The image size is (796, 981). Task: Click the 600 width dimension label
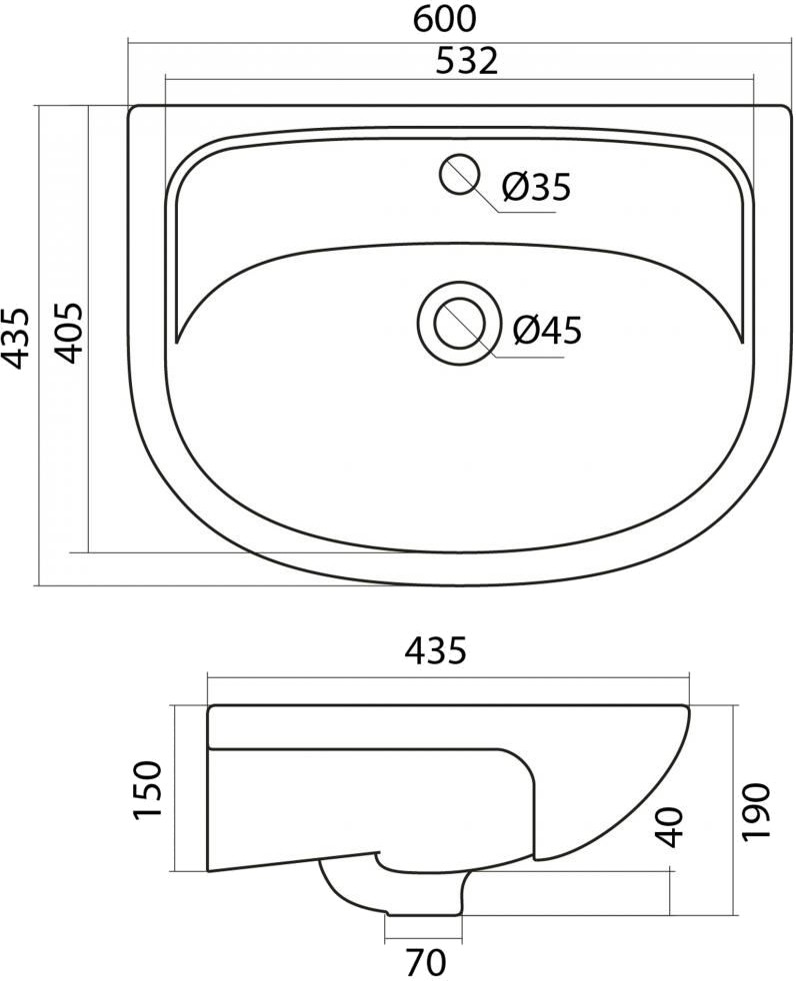coord(444,18)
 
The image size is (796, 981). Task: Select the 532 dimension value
coord(467,61)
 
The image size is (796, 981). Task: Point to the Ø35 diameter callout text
coord(537,187)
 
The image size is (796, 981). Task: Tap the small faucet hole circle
coord(460,174)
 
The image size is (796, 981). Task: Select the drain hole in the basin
coord(460,324)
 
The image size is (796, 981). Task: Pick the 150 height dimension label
coord(148,789)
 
